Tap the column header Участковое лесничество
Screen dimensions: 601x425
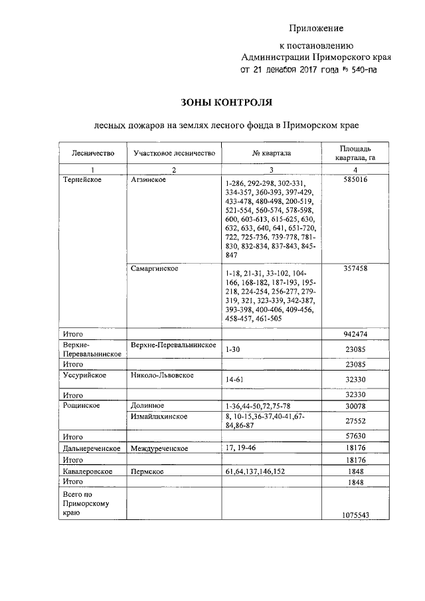click(x=175, y=153)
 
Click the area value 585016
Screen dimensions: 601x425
click(x=356, y=180)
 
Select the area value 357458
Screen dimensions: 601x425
click(x=356, y=268)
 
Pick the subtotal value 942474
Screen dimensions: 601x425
click(x=356, y=333)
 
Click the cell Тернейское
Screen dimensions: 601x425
click(x=82, y=180)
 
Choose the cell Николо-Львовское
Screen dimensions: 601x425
click(x=162, y=376)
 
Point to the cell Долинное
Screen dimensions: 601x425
click(x=147, y=405)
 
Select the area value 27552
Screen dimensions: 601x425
click(x=356, y=420)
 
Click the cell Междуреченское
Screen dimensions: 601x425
click(x=159, y=448)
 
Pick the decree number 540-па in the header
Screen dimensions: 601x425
click(x=359, y=69)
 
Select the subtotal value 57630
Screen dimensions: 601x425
click(x=356, y=437)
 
